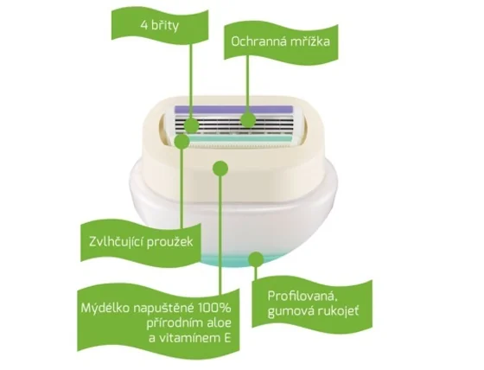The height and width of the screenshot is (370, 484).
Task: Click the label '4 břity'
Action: point(160,25)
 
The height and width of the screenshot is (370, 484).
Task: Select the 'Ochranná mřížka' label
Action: point(280,41)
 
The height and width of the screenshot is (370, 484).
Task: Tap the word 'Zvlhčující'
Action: point(116,241)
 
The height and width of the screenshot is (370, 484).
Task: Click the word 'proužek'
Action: point(169,242)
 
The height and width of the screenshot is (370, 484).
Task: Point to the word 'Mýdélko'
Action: point(105,309)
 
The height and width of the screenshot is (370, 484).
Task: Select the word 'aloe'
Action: point(219,323)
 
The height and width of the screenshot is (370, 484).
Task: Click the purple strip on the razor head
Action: point(233,109)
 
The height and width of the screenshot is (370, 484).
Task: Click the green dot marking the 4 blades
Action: point(191,125)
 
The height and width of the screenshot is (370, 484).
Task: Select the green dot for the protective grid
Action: point(248,119)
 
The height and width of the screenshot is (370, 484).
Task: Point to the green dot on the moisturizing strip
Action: point(181,141)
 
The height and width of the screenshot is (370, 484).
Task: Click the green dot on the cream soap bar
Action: point(220,169)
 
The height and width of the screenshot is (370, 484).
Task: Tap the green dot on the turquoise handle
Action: point(256,259)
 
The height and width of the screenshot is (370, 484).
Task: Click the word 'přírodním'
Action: point(175,323)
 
